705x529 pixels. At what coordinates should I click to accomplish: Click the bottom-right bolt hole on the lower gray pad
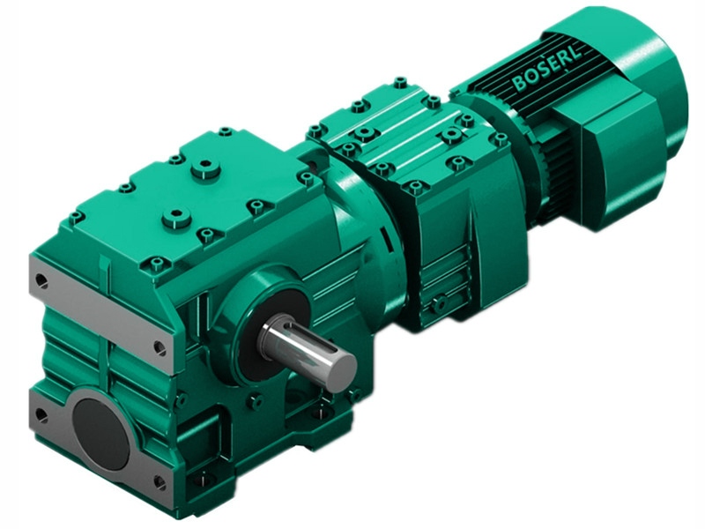point(160,481)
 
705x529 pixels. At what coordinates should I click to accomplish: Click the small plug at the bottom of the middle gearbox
point(437,304)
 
